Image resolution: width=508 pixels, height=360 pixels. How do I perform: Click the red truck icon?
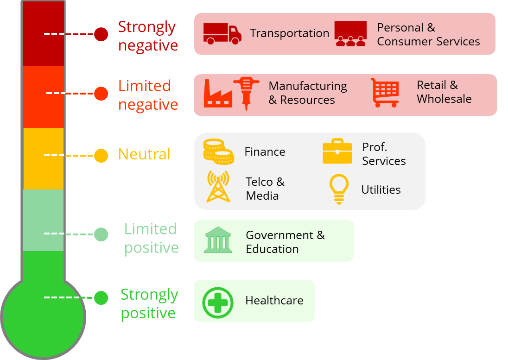(222, 33)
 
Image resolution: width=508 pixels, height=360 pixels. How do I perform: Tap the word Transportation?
(289, 33)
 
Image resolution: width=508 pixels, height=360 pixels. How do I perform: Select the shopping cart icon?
(385, 92)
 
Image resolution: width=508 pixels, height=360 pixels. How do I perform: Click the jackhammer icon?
(246, 93)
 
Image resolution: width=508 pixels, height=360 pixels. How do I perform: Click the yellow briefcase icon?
(337, 151)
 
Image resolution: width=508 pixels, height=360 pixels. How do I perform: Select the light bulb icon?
(338, 188)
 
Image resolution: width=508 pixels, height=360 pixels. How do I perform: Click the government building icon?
(218, 240)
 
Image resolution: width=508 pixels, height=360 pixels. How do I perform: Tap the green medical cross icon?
(218, 303)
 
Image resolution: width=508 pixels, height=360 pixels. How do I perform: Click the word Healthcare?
(274, 301)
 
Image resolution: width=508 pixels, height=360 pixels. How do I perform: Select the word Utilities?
(381, 189)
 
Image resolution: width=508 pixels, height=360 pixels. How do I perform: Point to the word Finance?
(265, 152)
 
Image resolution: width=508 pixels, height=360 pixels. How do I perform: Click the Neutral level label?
(145, 154)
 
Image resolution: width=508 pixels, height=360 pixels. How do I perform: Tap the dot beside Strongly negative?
(101, 34)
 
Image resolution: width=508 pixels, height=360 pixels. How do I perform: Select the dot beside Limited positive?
(101, 234)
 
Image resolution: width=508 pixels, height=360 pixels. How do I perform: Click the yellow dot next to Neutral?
(101, 156)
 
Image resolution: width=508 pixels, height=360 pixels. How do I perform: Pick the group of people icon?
(350, 34)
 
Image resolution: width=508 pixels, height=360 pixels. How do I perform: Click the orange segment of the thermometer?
(43, 96)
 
